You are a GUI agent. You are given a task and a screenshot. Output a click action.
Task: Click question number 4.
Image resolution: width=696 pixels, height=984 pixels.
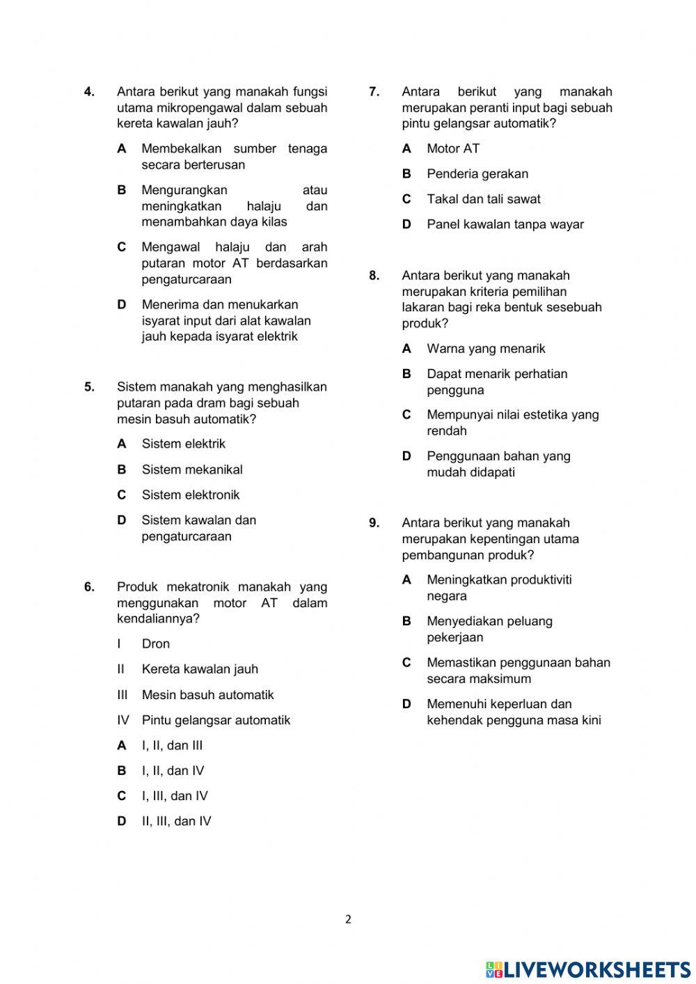[89, 92]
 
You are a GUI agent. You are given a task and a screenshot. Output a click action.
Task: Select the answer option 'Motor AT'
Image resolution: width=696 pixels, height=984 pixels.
[452, 148]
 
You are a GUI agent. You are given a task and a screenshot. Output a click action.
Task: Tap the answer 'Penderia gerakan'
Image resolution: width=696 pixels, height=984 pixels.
[477, 174]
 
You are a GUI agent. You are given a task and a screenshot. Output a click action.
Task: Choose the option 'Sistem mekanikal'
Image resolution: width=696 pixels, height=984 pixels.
[192, 469]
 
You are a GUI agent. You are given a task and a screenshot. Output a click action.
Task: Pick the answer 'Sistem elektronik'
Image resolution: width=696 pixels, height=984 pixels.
[190, 495]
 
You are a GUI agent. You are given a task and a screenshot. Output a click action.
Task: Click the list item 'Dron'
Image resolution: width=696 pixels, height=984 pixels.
[156, 644]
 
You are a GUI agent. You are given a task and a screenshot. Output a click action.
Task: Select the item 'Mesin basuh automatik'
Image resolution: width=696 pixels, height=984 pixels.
[207, 695]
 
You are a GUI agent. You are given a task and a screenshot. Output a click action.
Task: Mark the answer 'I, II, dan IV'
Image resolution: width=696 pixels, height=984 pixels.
[173, 771]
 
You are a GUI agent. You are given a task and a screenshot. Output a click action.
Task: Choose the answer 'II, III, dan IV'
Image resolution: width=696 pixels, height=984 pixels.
[176, 822]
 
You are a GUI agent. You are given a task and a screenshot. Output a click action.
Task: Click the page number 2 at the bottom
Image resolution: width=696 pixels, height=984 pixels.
[348, 919]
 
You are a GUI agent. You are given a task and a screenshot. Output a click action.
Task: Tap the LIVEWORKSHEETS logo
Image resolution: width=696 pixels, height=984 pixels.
[588, 969]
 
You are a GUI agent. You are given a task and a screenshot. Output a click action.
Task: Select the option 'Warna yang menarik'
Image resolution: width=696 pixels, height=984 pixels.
[486, 349]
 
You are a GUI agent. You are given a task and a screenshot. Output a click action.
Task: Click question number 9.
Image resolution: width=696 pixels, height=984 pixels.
[374, 523]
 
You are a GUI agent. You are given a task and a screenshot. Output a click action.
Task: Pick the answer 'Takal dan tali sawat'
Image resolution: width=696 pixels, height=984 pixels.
[483, 199]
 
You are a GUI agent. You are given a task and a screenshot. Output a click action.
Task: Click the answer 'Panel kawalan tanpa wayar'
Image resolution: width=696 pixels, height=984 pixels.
[505, 225]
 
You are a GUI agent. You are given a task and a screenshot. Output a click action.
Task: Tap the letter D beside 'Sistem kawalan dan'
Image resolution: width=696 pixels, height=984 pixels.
[122, 520]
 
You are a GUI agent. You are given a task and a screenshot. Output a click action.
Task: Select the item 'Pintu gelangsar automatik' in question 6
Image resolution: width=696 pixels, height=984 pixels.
[216, 720]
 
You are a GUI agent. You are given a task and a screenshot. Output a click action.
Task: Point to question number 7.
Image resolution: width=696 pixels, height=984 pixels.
[374, 92]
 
